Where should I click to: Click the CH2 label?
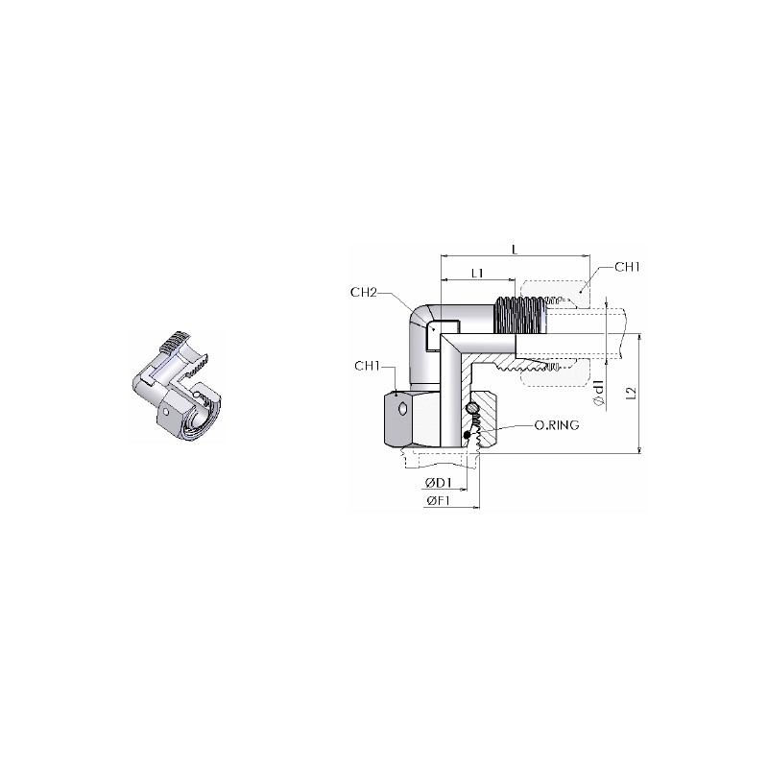click(x=364, y=293)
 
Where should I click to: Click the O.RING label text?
click(x=557, y=425)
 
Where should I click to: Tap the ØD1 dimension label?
click(x=438, y=483)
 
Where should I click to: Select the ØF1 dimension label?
click(x=438, y=500)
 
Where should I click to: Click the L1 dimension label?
click(x=477, y=273)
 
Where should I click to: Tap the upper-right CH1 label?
click(x=628, y=267)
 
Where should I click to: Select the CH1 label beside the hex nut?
click(x=368, y=367)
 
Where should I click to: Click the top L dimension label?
click(x=515, y=250)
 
